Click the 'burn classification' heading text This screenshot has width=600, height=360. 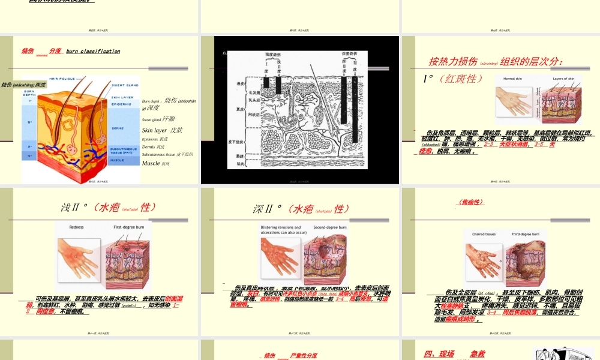(x=93, y=52)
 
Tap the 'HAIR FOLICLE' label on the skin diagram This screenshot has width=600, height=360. (x=62, y=79)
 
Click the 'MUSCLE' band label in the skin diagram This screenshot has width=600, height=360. (x=118, y=160)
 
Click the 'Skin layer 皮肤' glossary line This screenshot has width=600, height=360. (x=162, y=130)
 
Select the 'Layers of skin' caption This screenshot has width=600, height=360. (x=563, y=79)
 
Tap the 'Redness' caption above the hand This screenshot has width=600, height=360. (x=77, y=227)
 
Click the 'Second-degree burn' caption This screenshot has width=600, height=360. (x=330, y=227)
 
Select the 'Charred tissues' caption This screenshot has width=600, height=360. (x=483, y=235)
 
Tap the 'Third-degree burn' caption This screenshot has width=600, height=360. (x=525, y=235)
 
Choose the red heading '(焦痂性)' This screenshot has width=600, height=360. (x=471, y=202)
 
